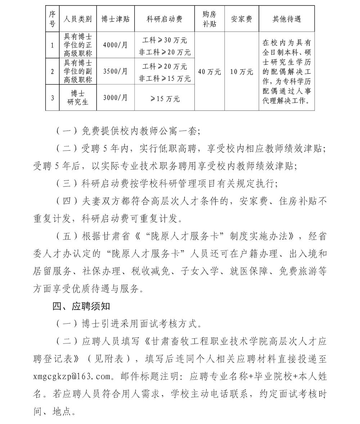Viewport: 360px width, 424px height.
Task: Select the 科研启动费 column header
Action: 165,19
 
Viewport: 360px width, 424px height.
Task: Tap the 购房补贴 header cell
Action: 210,19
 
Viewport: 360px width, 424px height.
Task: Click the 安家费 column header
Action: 242,19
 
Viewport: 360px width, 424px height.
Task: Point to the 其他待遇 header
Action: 287,19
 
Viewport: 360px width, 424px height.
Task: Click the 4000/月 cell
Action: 115,45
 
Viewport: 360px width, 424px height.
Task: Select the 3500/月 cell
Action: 115,71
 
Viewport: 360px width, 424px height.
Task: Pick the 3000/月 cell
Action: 115,97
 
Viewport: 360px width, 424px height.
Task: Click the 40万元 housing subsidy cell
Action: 210,72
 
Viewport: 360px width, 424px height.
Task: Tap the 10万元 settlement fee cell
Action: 242,72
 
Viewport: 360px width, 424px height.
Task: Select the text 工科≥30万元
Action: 165,40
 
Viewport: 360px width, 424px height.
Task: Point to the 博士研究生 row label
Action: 78,97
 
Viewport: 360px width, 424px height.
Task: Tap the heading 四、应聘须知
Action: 81,307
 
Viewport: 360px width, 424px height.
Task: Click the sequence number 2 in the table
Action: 52,71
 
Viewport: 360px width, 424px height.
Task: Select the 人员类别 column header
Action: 78,19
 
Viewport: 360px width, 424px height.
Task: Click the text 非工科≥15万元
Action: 165,78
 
